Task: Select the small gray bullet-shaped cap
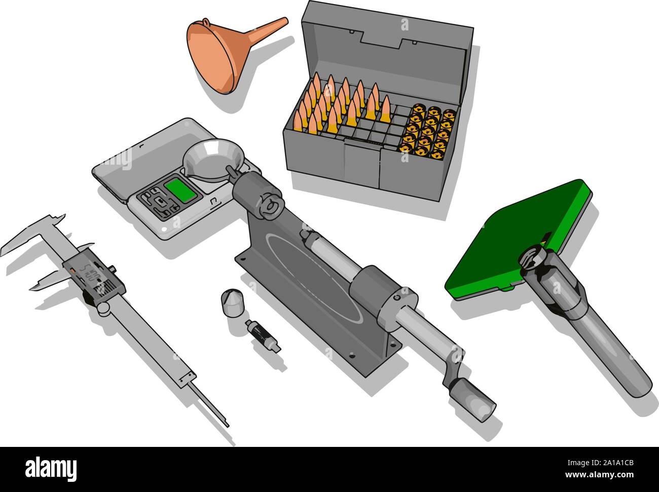coord(231,303)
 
